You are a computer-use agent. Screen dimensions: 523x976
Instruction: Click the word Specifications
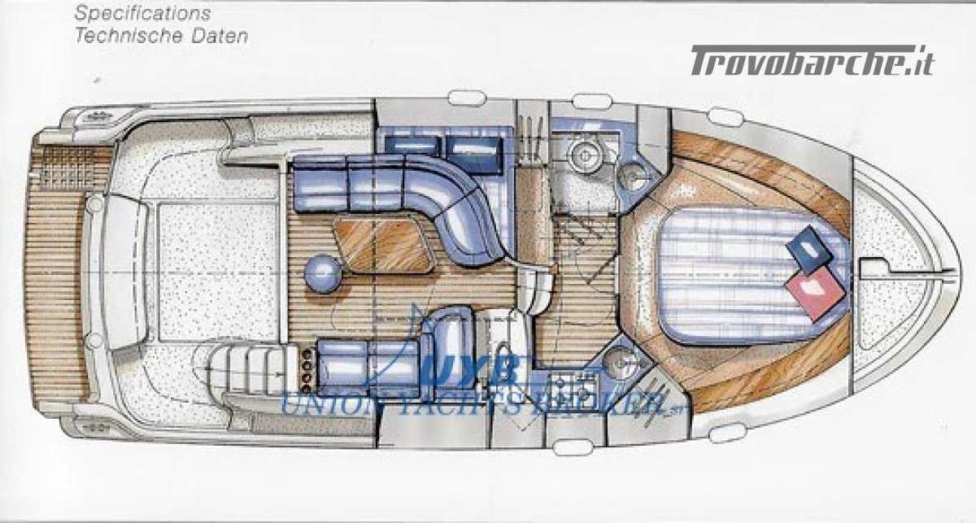click(x=142, y=14)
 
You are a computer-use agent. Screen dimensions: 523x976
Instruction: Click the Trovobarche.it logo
click(x=812, y=61)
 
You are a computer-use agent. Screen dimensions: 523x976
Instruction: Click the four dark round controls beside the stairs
click(x=307, y=370)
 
